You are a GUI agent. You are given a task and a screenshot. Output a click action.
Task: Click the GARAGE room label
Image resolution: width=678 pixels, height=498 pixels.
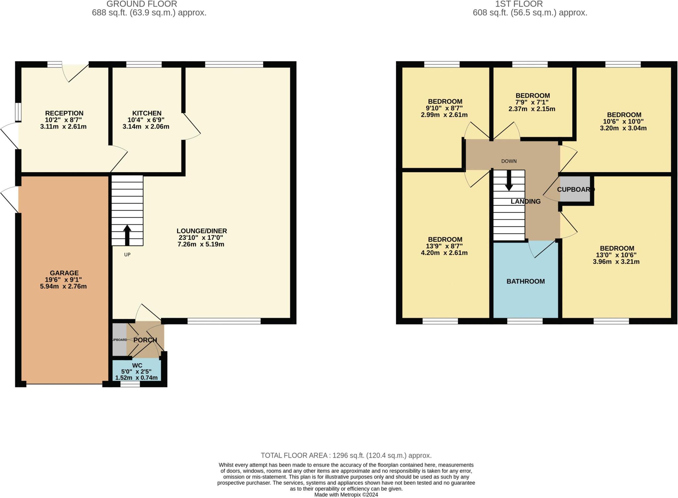(x=64, y=273)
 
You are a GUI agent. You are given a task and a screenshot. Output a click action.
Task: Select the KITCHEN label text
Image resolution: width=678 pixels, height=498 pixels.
(x=147, y=113)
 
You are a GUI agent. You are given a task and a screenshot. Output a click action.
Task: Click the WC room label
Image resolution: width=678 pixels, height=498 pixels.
(x=137, y=366)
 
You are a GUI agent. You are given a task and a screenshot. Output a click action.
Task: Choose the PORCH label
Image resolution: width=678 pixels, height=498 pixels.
(x=145, y=340)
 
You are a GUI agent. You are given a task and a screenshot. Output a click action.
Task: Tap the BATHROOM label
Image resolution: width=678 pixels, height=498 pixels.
(x=525, y=281)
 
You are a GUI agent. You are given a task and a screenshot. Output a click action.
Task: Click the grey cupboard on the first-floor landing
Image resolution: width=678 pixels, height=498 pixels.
(x=575, y=189)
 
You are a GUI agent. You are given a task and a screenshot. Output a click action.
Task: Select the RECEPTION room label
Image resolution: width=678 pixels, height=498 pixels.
(x=64, y=113)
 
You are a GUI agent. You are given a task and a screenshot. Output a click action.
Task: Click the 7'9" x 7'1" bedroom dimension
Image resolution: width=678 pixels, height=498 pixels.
(x=532, y=102)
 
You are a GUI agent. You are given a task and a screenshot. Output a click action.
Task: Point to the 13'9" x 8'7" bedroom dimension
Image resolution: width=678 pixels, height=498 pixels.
(x=445, y=246)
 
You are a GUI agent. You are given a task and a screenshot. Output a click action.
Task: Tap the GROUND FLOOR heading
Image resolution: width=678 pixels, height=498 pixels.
(x=141, y=4)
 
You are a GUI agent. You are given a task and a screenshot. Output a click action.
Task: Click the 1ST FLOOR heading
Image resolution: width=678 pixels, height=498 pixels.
(x=519, y=4)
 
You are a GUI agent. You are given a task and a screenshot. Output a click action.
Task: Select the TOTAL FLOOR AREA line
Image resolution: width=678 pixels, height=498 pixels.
(x=346, y=455)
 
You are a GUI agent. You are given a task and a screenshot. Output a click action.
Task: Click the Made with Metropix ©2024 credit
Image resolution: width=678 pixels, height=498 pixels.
(x=346, y=495)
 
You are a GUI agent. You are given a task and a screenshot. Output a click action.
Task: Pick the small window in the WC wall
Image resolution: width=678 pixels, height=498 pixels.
(x=130, y=384)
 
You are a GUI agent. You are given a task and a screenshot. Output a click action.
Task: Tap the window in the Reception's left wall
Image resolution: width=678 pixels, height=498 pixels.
(x=19, y=112)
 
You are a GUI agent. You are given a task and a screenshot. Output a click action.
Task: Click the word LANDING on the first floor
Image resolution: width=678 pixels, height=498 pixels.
(x=525, y=201)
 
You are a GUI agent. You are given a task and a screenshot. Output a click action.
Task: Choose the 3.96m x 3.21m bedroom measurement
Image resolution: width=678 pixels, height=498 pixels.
(x=616, y=262)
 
